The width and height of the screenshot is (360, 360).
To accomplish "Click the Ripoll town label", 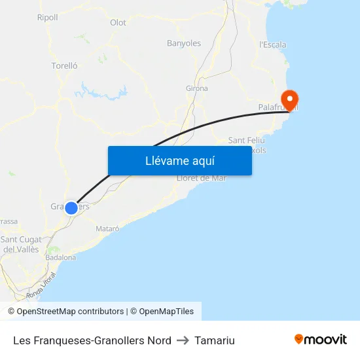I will click(47, 18).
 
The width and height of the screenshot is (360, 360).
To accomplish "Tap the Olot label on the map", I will click(118, 22).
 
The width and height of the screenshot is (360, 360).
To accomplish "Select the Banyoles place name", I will click(184, 43).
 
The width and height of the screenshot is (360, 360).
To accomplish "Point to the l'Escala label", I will click(272, 45).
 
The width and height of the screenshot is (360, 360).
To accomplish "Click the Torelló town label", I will click(64, 65).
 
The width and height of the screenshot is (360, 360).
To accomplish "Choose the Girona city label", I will click(196, 88).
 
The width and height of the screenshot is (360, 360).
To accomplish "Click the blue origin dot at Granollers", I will click(71, 208).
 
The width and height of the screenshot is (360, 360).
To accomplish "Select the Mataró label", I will click(107, 228).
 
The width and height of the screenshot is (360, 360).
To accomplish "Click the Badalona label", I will click(61, 257).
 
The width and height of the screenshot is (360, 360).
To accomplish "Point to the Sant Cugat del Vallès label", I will click(20, 244).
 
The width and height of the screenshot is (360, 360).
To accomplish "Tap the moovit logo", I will click(320, 340).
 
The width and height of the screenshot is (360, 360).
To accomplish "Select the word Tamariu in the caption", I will click(214, 340).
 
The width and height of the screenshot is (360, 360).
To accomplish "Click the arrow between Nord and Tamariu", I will click(183, 340).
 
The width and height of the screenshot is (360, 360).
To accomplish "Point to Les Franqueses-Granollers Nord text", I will click(92, 340).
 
